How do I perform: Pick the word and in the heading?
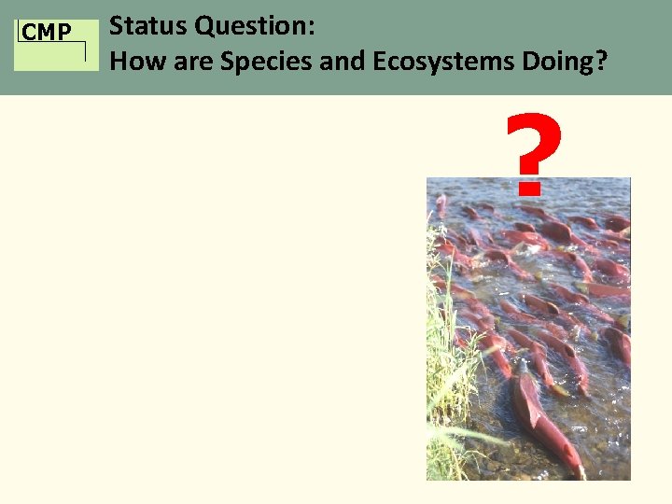click(x=331, y=62)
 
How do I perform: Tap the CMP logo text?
click(x=47, y=34)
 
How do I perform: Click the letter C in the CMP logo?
click(x=29, y=34)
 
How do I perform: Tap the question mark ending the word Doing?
click(x=601, y=62)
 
